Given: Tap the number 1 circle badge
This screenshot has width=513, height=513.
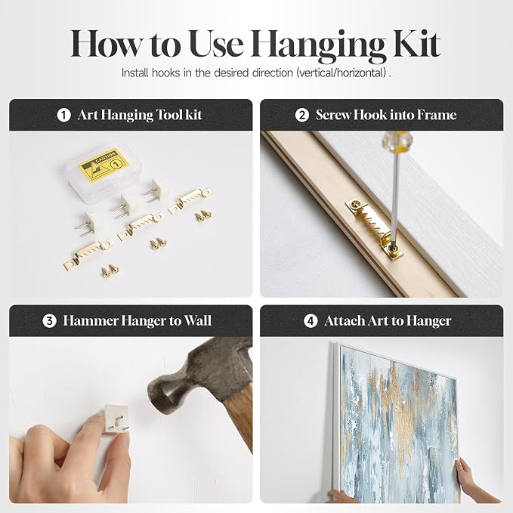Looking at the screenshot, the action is click(x=63, y=115).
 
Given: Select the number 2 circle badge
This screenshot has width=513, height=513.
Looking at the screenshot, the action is click(x=301, y=115).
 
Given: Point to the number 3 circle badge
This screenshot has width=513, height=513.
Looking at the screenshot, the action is click(x=49, y=320).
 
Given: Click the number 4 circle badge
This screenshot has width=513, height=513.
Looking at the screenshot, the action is click(x=311, y=320).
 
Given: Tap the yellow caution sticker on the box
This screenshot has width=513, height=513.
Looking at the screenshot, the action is click(x=103, y=165).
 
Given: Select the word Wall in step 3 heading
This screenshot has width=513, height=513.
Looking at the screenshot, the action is click(x=198, y=320).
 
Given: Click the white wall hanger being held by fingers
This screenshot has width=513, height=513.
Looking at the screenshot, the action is click(x=116, y=419).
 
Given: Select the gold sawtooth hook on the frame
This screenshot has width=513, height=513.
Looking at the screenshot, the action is click(x=374, y=227).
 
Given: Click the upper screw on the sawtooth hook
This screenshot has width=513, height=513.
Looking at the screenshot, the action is click(x=355, y=206).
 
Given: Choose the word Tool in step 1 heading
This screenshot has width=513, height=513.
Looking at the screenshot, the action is click(x=168, y=115).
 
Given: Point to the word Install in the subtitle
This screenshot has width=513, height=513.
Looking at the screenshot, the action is click(x=134, y=73).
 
